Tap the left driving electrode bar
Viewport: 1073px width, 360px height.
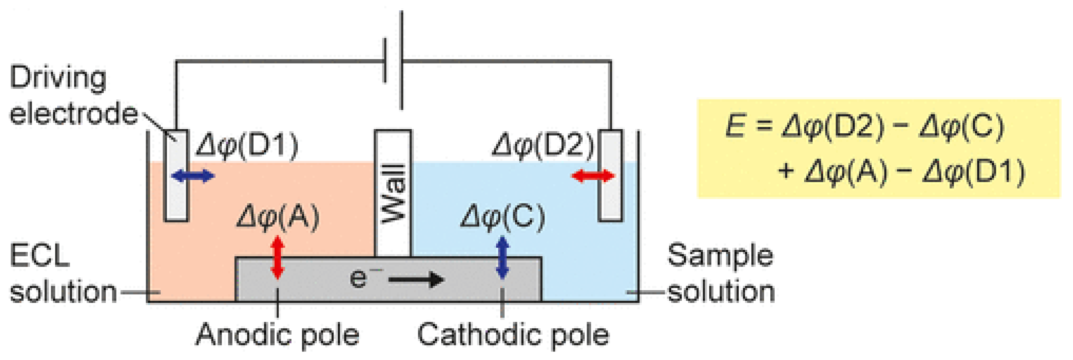tap(176, 196)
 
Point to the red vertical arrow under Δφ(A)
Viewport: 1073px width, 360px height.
tap(277, 257)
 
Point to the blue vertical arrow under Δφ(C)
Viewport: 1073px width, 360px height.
tap(503, 257)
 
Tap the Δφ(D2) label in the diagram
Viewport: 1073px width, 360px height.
tap(543, 146)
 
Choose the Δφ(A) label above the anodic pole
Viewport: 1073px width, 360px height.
tap(278, 217)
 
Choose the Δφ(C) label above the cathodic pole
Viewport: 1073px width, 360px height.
tap(503, 217)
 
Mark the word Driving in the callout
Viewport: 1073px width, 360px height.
tap(58, 78)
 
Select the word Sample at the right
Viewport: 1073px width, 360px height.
tap(720, 256)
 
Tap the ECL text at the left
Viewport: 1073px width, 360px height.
tap(39, 256)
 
